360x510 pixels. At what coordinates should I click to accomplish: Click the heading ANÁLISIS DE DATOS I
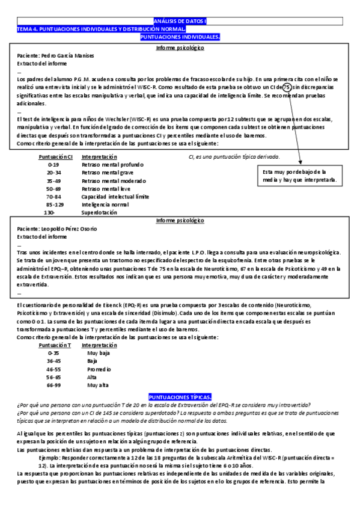[180, 21]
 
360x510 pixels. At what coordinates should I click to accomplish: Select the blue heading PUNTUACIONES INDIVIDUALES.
[180, 37]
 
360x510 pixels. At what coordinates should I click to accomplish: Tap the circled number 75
[287, 87]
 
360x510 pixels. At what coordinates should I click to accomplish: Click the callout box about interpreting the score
[299, 176]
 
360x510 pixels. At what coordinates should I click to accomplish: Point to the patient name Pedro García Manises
[55, 55]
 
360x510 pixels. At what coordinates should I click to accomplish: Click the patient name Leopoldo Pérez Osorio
[58, 229]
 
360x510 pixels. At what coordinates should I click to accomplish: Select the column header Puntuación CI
[56, 156]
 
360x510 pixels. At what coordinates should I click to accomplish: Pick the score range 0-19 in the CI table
[53, 164]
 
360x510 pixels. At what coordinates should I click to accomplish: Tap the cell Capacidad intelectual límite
[115, 197]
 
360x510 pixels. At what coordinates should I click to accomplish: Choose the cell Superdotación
[100, 212]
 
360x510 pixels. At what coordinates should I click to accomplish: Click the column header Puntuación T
[55, 345]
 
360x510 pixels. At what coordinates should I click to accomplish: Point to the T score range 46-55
[53, 369]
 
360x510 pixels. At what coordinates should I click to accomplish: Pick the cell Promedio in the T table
[99, 369]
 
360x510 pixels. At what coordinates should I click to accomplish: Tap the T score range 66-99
[53, 385]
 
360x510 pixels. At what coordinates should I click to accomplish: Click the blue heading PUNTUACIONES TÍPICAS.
[180, 398]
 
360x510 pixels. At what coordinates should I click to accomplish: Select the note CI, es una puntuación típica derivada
[242, 157]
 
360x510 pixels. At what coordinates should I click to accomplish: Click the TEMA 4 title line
[101, 29]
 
